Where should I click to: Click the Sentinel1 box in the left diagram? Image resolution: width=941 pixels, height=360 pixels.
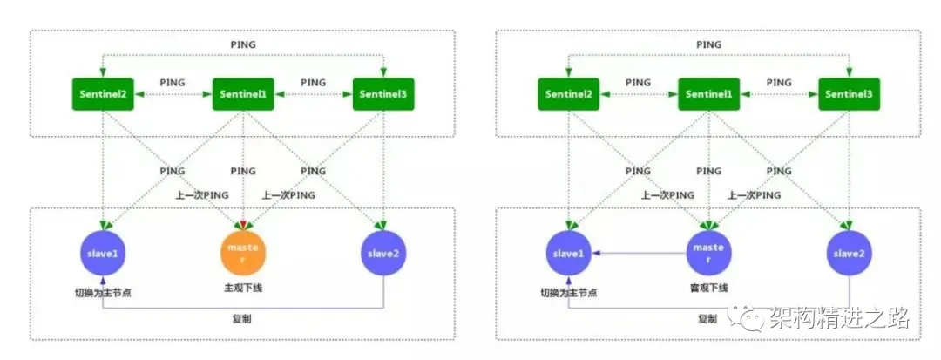point(243,94)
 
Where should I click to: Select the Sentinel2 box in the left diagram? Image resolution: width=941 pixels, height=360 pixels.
point(103,94)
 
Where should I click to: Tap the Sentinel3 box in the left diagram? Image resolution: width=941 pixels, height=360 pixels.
point(383,94)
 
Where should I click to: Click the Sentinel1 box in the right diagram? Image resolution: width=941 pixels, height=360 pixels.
point(708,94)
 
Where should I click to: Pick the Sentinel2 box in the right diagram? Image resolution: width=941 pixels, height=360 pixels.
point(568,94)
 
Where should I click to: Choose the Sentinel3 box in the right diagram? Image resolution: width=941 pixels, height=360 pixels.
point(850,94)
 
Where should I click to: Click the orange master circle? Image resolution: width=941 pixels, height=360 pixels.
point(243,253)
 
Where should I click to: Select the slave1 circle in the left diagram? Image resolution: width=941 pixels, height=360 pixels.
point(103,253)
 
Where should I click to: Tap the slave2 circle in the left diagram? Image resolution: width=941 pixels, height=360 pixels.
point(383,253)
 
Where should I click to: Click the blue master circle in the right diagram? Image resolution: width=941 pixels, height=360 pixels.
point(708,253)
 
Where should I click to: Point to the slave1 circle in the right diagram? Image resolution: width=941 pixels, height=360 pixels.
point(568,253)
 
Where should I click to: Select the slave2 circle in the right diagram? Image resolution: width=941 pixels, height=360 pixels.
point(850,253)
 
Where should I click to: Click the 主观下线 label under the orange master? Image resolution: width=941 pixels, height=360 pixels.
point(243,288)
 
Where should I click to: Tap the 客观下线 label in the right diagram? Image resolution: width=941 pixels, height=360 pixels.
point(708,288)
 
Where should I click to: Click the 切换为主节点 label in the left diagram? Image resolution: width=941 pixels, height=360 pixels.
point(103,293)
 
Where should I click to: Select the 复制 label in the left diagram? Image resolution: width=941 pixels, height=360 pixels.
point(241,319)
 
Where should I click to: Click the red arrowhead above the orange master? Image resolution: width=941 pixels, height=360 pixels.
point(243,226)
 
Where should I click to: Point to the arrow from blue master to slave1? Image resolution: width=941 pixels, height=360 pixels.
point(639,253)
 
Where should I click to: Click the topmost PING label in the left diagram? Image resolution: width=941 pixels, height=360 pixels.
point(243,44)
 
